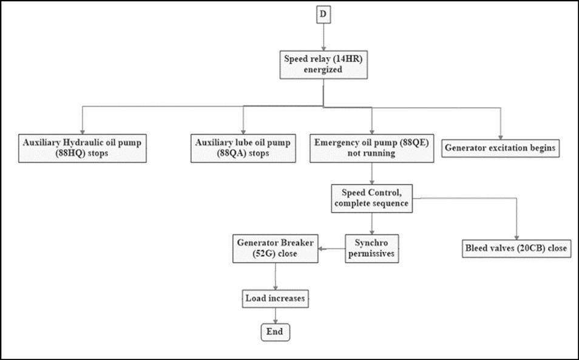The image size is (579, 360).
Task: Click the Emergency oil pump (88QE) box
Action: coord(371,148)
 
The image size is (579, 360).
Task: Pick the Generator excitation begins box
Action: coord(501,148)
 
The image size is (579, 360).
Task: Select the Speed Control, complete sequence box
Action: coord(372,198)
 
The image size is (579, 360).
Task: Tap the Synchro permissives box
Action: coord(373,248)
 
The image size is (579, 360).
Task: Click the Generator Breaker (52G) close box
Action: coord(276,248)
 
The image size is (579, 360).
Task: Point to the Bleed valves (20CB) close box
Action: coord(517,249)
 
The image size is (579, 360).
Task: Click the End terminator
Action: coord(276,332)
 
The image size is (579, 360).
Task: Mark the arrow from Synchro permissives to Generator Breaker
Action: coord(333,248)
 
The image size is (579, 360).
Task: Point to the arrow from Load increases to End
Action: coord(276,315)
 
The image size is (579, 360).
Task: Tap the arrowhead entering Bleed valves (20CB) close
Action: coord(517,237)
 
